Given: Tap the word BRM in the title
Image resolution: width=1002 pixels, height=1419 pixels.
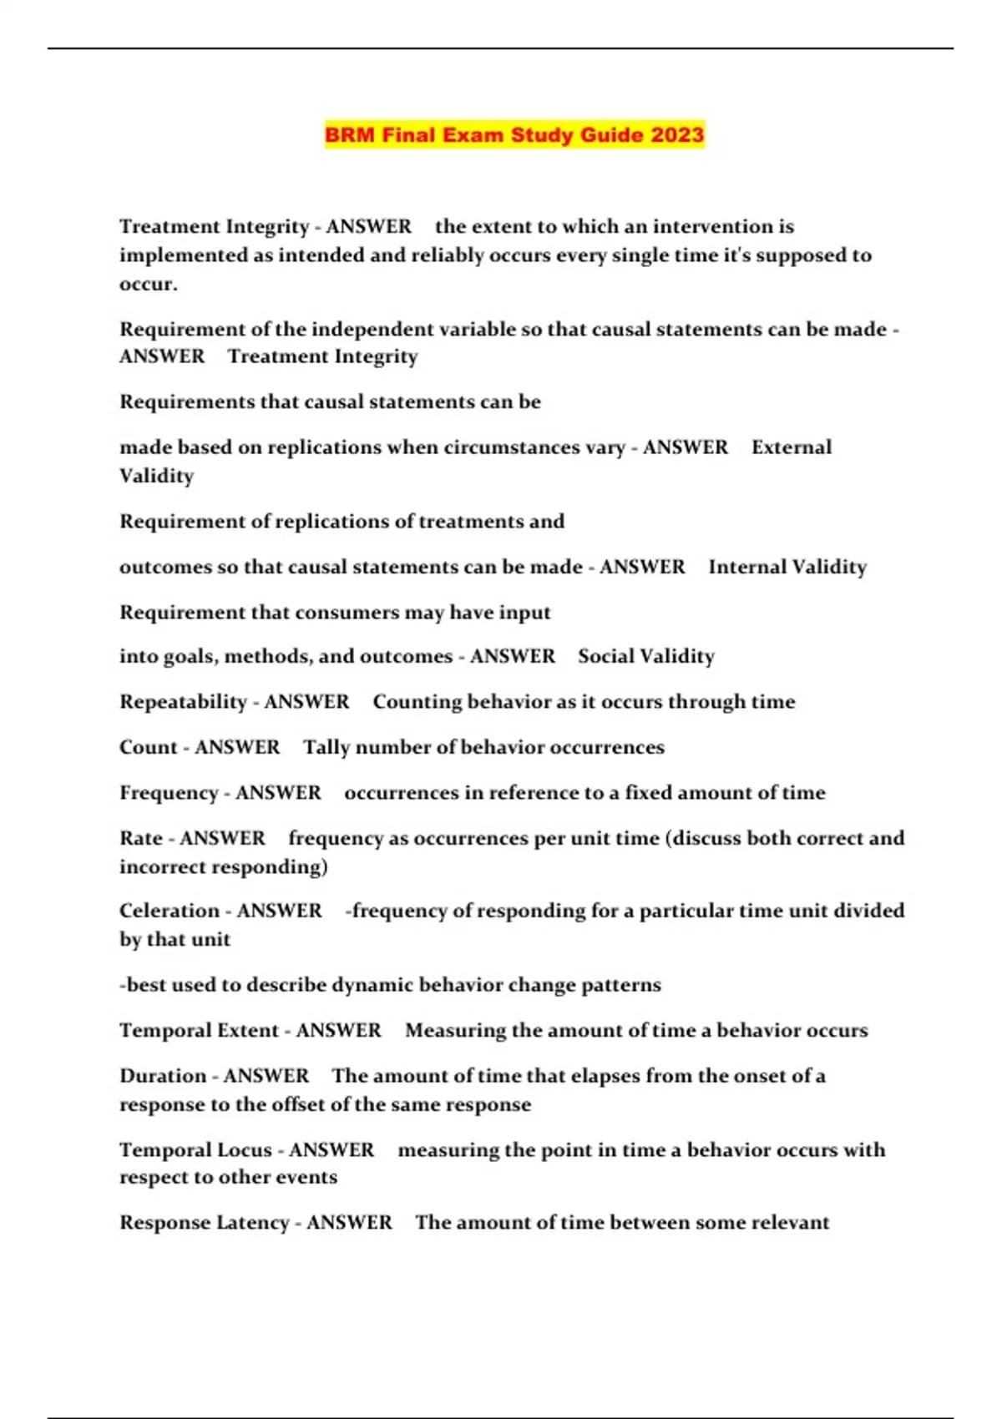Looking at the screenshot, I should [x=349, y=134].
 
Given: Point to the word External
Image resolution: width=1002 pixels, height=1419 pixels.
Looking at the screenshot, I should [x=792, y=447].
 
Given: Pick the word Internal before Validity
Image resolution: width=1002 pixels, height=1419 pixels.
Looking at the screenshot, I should [x=746, y=567].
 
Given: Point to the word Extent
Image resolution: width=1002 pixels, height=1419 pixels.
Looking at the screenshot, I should [x=246, y=1031].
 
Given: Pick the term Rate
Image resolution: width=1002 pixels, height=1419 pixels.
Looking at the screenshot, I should [x=140, y=838].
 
